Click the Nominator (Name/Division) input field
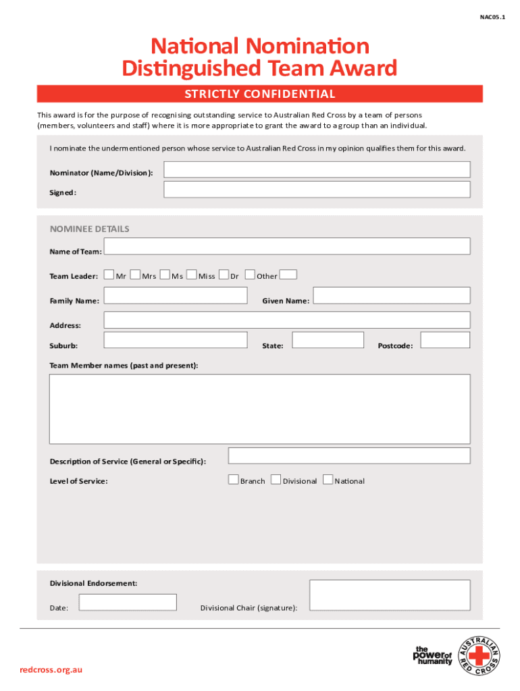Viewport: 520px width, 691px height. [x=317, y=169]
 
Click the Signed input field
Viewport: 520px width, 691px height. [x=317, y=190]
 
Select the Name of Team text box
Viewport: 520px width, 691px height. [x=287, y=246]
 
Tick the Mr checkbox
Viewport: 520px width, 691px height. [x=109, y=275]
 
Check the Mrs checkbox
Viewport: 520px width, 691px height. [x=135, y=275]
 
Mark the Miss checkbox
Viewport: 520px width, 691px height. [x=192, y=275]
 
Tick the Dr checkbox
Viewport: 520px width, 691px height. [x=224, y=275]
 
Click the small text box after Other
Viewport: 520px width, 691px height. [x=288, y=275]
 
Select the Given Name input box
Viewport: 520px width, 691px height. [x=392, y=296]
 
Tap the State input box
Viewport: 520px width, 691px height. [x=328, y=340]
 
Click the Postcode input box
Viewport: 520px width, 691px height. [x=445, y=340]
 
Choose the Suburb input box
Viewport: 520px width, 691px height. [x=176, y=340]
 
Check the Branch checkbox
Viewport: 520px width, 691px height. [x=234, y=480]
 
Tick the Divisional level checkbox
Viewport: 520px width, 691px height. [x=276, y=480]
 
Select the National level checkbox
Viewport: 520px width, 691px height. [x=328, y=480]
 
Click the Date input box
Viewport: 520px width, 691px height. [x=128, y=602]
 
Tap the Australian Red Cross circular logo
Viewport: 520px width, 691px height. [x=479, y=657]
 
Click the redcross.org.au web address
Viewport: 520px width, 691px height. [x=51, y=669]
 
